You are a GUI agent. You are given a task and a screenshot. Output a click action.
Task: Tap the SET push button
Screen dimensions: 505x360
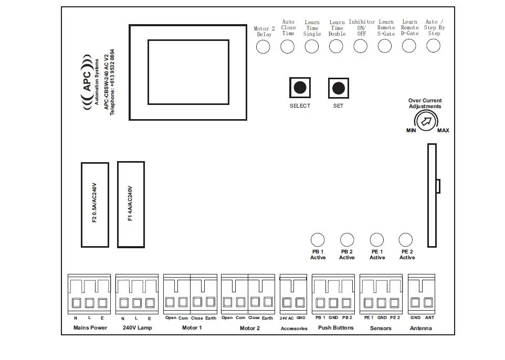(x=338, y=88)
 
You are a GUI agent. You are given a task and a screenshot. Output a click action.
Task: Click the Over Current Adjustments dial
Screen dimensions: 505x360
(x=426, y=121)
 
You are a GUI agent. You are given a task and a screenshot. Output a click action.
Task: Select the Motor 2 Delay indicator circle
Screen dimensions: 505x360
(x=263, y=47)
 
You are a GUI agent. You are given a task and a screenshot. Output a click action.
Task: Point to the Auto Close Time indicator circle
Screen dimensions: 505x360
(x=287, y=47)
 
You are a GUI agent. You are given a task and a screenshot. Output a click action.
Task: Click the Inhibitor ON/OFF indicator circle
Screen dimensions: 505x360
(x=360, y=46)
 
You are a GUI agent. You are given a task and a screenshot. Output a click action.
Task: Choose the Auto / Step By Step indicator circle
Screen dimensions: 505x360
(x=433, y=46)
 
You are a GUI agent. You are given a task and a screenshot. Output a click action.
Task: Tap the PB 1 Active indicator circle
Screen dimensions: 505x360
(x=318, y=240)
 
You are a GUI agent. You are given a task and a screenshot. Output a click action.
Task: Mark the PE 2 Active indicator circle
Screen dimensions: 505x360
(x=405, y=240)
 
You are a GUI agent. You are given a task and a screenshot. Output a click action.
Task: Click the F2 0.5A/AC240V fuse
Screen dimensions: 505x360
(x=95, y=205)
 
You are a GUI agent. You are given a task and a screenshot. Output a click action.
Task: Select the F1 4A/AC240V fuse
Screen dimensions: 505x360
(x=131, y=205)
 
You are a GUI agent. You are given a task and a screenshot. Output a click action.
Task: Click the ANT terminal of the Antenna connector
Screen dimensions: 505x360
(x=428, y=303)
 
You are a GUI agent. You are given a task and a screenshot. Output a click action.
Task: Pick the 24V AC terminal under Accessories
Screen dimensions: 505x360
(x=287, y=303)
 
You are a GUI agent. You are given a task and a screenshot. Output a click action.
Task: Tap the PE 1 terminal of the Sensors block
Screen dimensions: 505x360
(x=369, y=303)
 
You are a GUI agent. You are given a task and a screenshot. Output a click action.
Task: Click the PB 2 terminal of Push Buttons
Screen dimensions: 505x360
(x=346, y=303)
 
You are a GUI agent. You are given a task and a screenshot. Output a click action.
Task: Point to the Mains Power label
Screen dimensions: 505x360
(x=90, y=328)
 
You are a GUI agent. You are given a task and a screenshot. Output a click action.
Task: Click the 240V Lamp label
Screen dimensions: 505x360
(x=137, y=328)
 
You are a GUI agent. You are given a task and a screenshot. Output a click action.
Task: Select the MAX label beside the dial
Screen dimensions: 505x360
(x=443, y=131)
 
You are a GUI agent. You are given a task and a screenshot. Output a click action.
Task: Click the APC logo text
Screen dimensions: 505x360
(x=88, y=82)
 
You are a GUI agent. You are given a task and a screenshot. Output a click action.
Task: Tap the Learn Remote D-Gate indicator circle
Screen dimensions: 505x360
(x=409, y=46)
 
